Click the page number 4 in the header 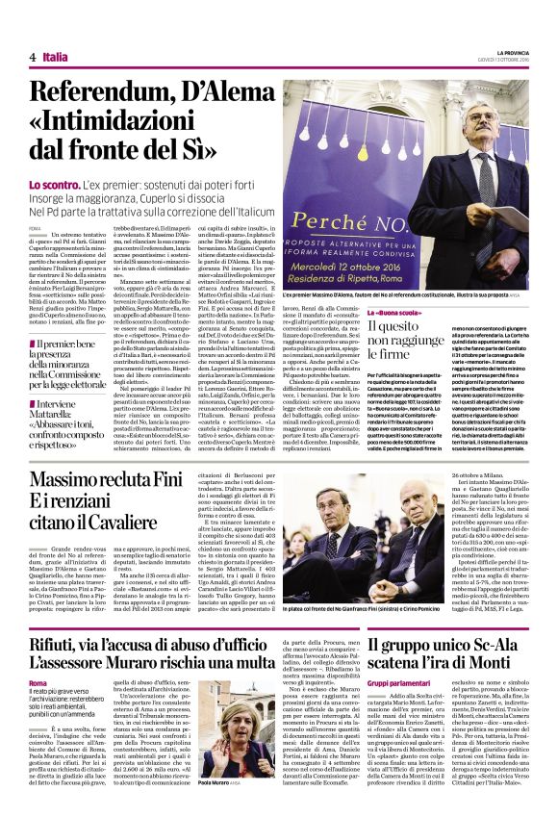pyautogui.click(x=33, y=58)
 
